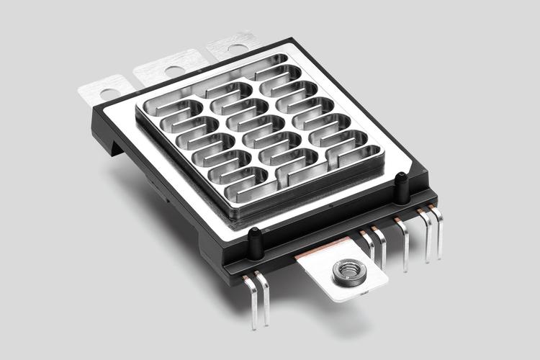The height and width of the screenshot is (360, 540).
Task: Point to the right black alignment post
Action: point(402,187)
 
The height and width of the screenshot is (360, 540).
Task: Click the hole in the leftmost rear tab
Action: point(109,93)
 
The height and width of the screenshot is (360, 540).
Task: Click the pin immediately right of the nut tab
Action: point(370,248)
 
